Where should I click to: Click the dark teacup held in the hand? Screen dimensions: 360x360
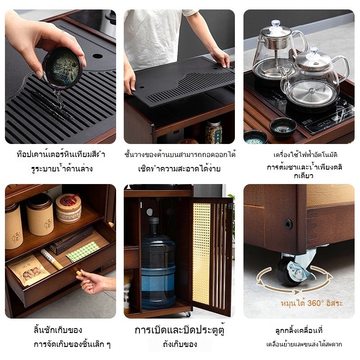(62, 68)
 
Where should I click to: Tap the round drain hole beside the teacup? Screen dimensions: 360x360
(98, 56)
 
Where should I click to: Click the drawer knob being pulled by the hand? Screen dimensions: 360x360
(79, 273)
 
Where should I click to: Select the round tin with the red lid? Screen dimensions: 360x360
(69, 208)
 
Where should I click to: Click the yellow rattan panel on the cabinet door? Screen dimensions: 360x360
(201, 253)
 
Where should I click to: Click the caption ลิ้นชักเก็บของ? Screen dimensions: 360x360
(58, 330)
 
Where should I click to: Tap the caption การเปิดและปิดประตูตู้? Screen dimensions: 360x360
(180, 330)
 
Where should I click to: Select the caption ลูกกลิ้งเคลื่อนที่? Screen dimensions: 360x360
(299, 330)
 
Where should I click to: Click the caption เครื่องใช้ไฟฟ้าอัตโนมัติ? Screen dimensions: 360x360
(306, 154)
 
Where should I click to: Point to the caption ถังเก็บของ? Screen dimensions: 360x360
(180, 344)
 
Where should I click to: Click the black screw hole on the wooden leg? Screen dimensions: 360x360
(288, 224)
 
